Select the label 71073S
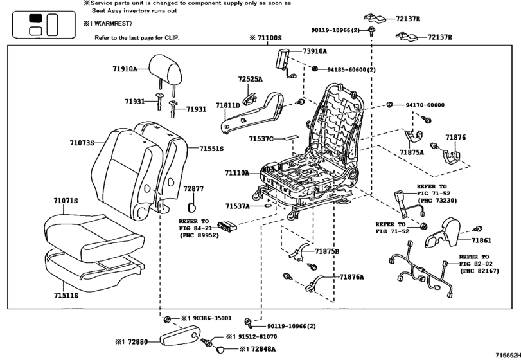pos(82,143)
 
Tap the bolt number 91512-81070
pos(252,336)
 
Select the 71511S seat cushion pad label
pos(65,295)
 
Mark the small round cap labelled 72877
pos(191,206)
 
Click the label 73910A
pos(315,51)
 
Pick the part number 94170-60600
pos(425,104)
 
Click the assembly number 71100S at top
pos(269,38)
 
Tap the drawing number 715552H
pos(506,355)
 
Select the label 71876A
pos(351,277)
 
